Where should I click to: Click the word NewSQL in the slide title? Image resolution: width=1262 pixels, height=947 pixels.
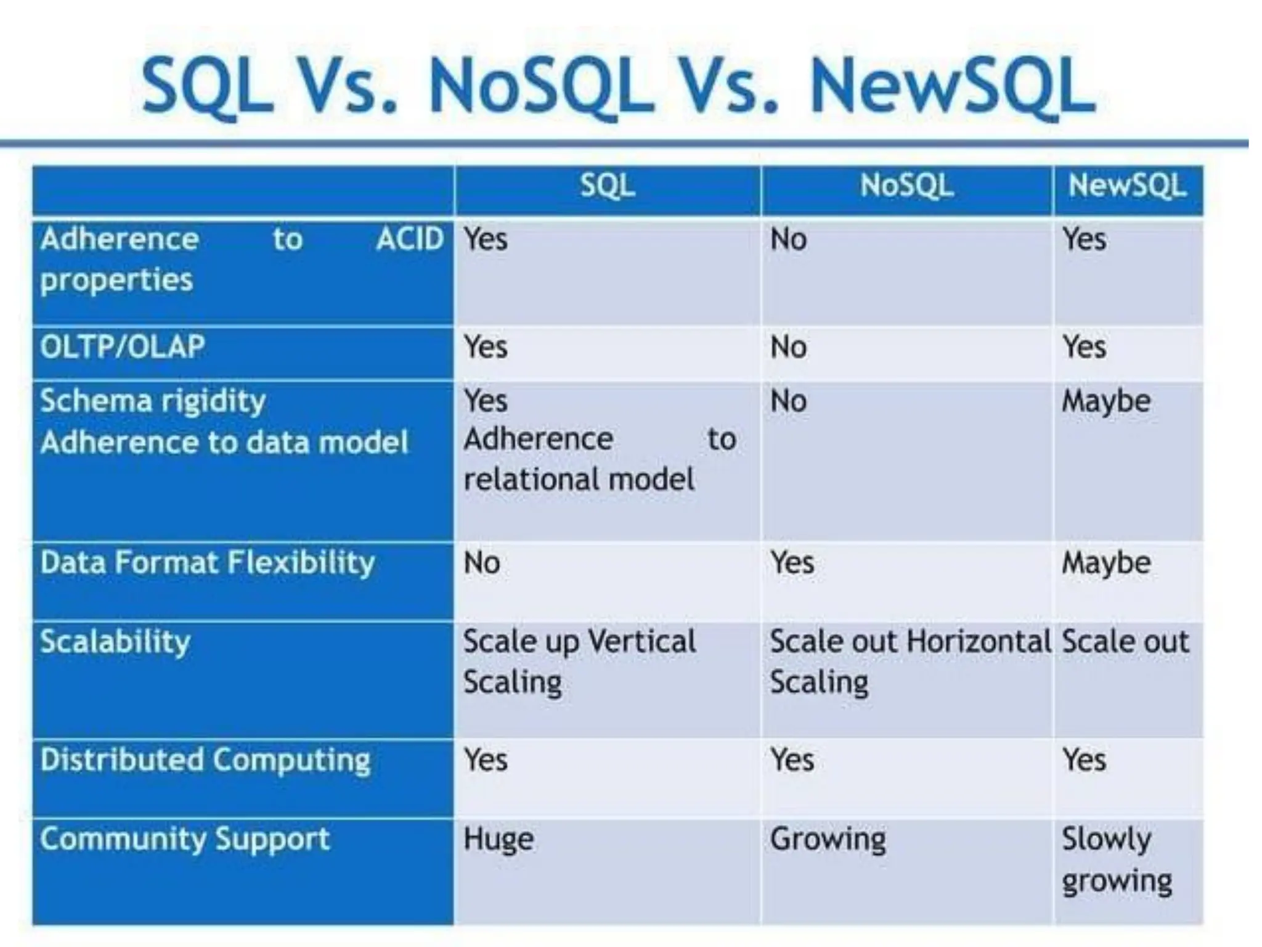coord(952,86)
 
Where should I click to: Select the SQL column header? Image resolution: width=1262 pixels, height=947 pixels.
coord(607,186)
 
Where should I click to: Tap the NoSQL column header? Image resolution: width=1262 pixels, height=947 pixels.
coord(906,186)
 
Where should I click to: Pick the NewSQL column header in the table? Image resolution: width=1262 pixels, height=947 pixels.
coord(1127,186)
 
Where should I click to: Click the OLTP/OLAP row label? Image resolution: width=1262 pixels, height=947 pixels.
coord(122,346)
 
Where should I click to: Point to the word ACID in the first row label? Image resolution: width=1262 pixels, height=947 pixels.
coord(410,239)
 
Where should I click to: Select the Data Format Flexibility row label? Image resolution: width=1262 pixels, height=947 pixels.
coord(207,563)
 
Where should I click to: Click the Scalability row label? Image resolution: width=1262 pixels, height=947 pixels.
coord(115,642)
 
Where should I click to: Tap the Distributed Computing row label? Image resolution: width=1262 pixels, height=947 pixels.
coord(205,760)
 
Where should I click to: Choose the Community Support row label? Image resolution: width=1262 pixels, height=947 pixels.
coord(185,839)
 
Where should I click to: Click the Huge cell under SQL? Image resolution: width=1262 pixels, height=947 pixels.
coord(499,839)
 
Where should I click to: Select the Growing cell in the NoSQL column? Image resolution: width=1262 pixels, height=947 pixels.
coord(828,839)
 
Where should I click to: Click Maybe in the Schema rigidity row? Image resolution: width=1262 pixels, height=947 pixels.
coord(1106,401)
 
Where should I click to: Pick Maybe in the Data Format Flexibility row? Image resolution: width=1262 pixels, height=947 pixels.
coord(1106,563)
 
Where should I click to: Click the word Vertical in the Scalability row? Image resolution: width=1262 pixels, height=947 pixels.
coord(641,642)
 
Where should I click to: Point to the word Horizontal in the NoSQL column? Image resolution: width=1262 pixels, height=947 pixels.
coord(979,642)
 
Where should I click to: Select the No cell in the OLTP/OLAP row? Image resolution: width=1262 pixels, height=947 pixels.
coord(788,347)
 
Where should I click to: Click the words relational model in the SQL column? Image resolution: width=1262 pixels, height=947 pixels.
coord(579,480)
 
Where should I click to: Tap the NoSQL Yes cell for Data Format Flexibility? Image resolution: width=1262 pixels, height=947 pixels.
coord(792,563)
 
